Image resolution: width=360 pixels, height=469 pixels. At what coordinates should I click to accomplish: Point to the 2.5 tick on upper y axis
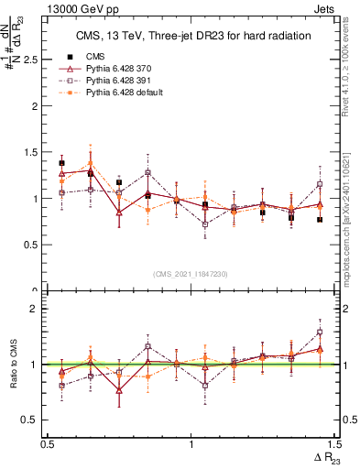coord(34,59)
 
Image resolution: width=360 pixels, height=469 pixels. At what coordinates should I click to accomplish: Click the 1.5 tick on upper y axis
coord(34,152)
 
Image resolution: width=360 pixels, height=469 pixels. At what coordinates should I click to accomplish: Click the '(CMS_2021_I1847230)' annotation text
coord(191,274)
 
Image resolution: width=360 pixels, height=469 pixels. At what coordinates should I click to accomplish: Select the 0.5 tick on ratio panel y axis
coord(34,420)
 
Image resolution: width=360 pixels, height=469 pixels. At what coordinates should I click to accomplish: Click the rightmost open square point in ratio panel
coord(320,333)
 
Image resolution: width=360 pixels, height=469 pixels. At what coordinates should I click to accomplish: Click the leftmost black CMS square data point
coord(61,163)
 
